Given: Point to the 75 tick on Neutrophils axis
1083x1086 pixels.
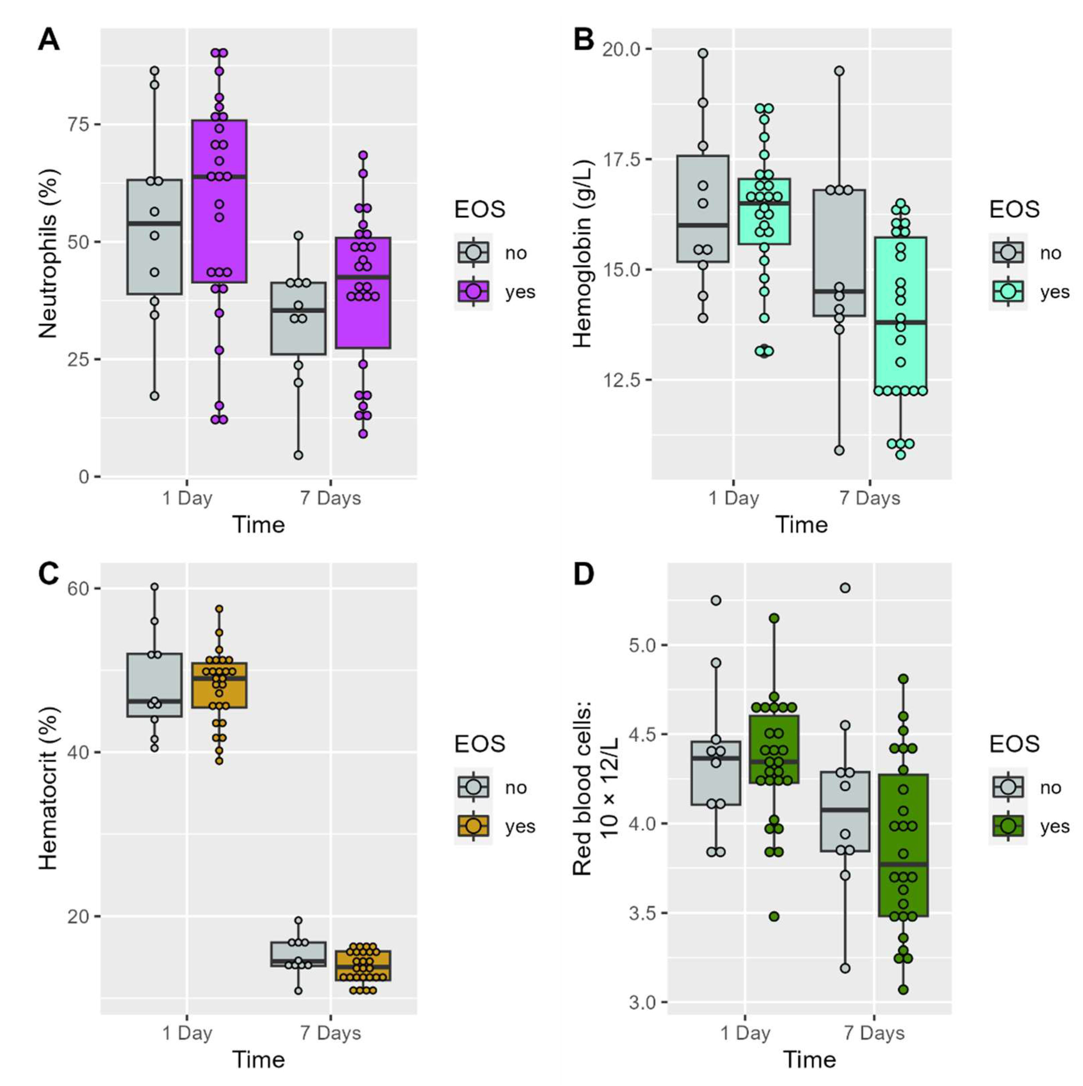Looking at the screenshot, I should click(x=78, y=124).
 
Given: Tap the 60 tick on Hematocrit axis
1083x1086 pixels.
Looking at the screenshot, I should click(x=78, y=589).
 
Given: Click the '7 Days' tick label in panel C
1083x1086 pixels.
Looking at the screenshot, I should click(x=330, y=1033).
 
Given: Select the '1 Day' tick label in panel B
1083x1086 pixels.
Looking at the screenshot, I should click(x=733, y=498).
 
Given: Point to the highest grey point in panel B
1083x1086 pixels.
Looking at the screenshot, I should click(x=703, y=53).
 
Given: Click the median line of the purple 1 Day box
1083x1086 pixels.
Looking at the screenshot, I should click(x=219, y=177).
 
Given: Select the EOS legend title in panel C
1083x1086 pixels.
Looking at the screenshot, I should click(x=480, y=744).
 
